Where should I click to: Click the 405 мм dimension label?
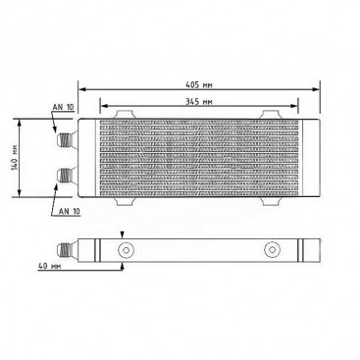[x=199, y=85]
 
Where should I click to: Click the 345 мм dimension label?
[x=199, y=101]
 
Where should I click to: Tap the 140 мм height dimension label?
[x=14, y=158]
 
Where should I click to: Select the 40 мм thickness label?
[x=50, y=266]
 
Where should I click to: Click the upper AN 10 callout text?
[x=64, y=107]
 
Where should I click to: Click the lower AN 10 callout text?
[x=70, y=211]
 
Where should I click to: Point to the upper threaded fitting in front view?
[x=66, y=140]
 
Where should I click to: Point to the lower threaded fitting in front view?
[x=66, y=176]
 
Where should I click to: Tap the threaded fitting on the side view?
[x=67, y=250]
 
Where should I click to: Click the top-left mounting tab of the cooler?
[x=124, y=115]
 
